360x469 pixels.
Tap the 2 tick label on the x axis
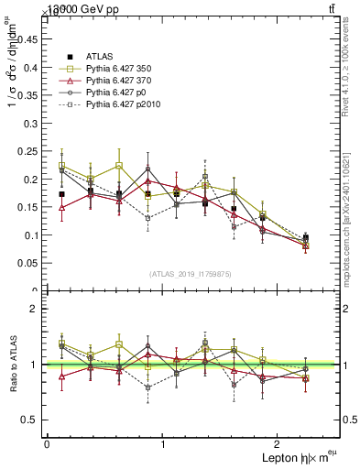(x=279, y=444)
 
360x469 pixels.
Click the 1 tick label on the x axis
(x=163, y=444)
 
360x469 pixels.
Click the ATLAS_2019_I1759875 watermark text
(x=191, y=273)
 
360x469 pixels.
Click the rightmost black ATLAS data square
(x=306, y=237)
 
